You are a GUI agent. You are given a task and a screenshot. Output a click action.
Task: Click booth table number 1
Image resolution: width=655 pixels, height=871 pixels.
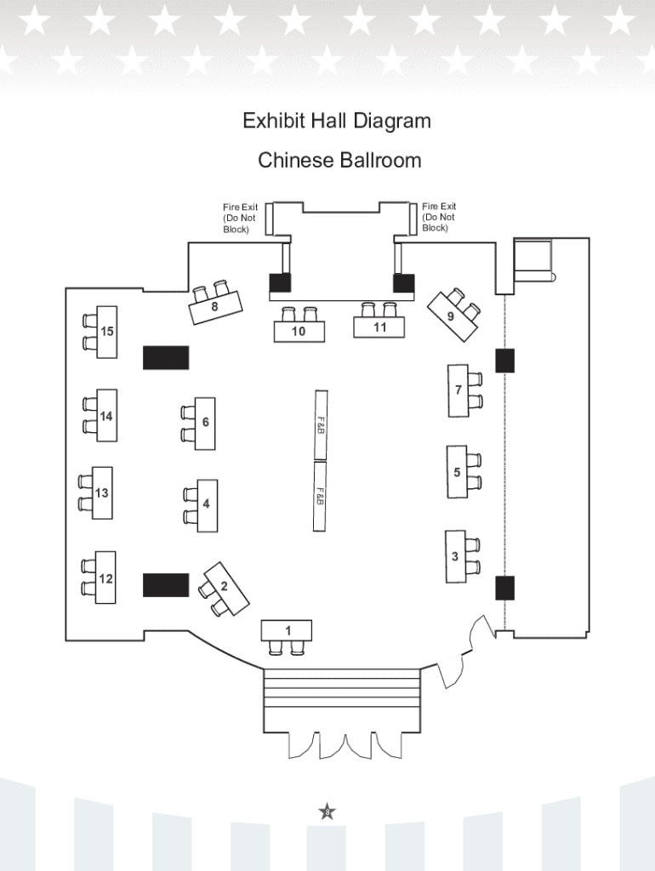pos(287,630)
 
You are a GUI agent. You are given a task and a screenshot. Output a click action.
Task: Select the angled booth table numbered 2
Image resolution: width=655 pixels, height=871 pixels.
pos(226,589)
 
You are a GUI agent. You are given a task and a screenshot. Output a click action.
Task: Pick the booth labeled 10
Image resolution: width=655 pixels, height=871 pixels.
pos(299,331)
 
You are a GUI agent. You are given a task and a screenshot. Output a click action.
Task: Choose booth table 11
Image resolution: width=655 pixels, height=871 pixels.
pos(379,327)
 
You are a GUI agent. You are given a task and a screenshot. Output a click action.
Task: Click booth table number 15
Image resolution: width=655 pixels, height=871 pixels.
pos(106,332)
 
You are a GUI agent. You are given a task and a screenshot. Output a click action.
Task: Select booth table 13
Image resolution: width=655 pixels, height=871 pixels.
pos(102,492)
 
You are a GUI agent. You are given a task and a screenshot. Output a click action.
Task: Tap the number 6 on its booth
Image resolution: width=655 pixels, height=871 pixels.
pos(206,422)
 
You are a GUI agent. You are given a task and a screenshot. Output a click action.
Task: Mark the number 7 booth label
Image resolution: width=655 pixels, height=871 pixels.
pos(458,390)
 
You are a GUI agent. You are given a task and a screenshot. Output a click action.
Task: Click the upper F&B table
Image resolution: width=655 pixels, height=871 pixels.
pos(321,425)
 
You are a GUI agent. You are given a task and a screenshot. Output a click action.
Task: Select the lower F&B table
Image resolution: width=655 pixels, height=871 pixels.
pos(320,496)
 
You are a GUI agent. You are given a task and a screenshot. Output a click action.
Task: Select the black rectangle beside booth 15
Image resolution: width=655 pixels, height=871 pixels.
pos(166,358)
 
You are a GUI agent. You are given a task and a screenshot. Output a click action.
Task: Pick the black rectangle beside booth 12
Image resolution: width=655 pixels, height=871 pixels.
pos(166,585)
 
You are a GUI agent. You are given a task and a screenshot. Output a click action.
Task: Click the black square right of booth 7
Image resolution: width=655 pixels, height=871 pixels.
pos(505,361)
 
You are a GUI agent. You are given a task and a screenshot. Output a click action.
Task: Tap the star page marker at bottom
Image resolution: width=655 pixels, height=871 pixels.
pos(327,812)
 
